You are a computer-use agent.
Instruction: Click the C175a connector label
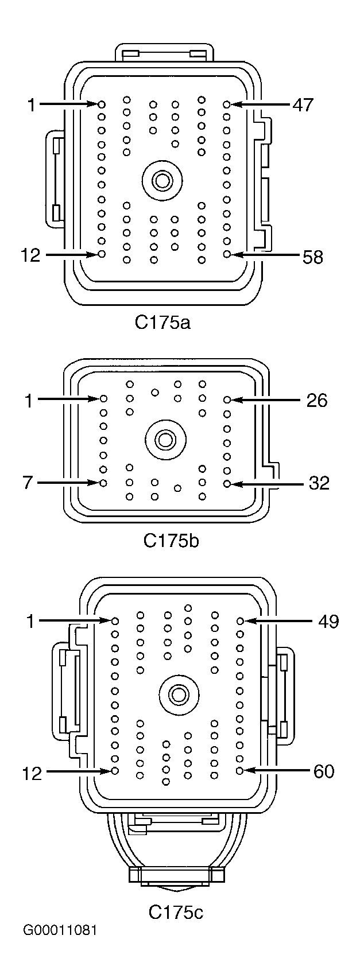(x=162, y=322)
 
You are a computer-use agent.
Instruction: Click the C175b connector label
(x=171, y=540)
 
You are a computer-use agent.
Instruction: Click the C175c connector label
(x=176, y=911)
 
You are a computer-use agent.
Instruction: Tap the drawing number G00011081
(x=60, y=946)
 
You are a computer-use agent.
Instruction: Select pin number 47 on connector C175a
(x=303, y=104)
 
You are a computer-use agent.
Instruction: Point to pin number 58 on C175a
(x=313, y=257)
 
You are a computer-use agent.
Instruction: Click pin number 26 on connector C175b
(x=316, y=399)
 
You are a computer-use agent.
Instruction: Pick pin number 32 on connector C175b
(x=319, y=483)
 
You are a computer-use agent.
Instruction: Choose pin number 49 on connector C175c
(x=328, y=621)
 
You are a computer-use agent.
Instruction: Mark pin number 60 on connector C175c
(x=324, y=771)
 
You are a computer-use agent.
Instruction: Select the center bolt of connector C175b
(x=166, y=440)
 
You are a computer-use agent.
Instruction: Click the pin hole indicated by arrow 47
(x=227, y=104)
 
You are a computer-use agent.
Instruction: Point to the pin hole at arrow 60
(x=240, y=770)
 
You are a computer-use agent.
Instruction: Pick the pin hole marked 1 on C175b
(x=104, y=398)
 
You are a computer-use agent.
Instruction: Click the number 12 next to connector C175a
(x=32, y=256)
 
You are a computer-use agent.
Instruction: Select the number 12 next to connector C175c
(x=33, y=774)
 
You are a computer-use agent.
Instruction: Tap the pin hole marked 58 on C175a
(x=227, y=254)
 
